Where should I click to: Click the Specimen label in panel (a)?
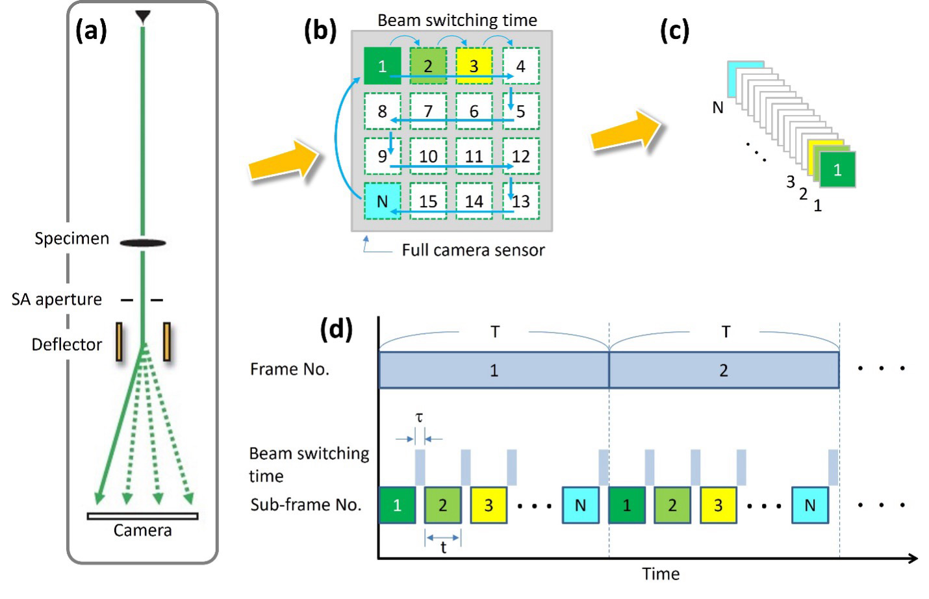(x=71, y=238)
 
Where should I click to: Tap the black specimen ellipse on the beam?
(x=143, y=243)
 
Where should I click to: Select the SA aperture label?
(x=57, y=299)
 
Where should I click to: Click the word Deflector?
(x=66, y=344)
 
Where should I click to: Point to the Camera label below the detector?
(x=142, y=531)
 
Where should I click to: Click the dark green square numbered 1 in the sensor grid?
(x=382, y=66)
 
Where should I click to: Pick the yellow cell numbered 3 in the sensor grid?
(x=474, y=66)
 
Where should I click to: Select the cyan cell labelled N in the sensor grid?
(x=382, y=201)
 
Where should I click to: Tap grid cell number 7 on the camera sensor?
(x=428, y=111)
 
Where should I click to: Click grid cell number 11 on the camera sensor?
(x=474, y=156)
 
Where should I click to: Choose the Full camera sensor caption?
(x=473, y=250)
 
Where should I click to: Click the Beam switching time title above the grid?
(x=457, y=20)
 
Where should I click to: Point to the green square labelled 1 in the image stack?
(x=837, y=170)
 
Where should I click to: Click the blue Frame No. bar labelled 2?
(x=724, y=370)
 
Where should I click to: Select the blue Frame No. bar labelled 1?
(x=494, y=370)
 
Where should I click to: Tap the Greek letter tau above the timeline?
(x=419, y=417)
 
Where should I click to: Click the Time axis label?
(x=661, y=574)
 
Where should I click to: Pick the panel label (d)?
(x=336, y=329)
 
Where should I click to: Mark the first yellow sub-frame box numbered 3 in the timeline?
(x=489, y=505)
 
